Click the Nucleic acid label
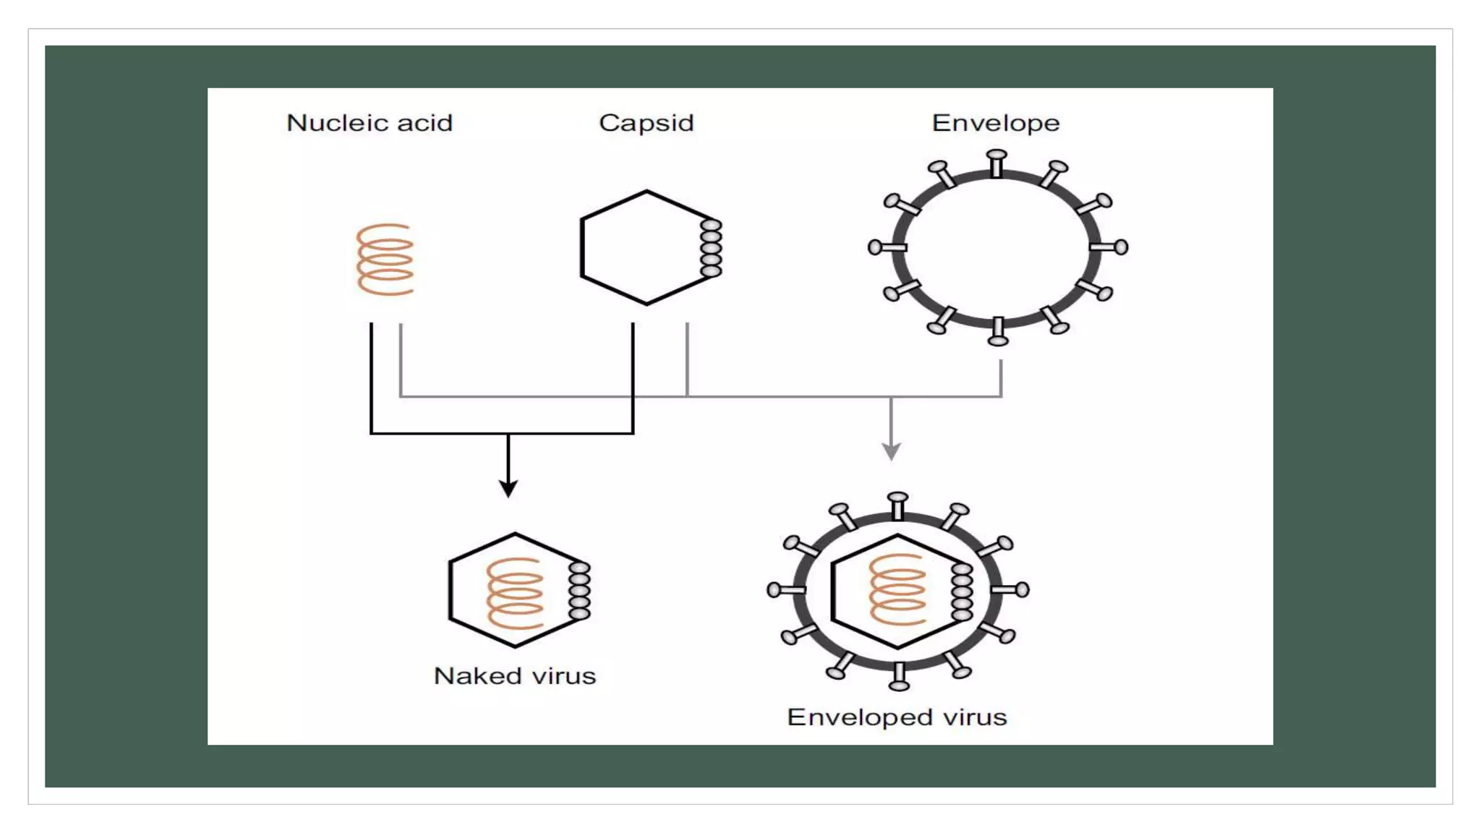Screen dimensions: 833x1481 pos(370,123)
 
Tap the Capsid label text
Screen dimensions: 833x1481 pos(646,123)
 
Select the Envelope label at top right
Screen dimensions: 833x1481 pos(995,123)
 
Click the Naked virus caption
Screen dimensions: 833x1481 pos(514,676)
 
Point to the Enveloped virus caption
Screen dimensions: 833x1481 pos(897,717)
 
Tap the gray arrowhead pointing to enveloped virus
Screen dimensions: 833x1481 pos(891,451)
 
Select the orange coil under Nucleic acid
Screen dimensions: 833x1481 pos(385,260)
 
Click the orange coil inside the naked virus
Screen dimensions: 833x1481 pos(515,593)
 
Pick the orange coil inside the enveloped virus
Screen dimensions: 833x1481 pos(897,589)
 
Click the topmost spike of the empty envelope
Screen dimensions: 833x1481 pos(996,162)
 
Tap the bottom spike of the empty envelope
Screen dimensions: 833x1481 pos(998,333)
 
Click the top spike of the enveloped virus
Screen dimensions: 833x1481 pos(897,505)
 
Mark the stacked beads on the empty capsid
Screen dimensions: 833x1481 pos(711,248)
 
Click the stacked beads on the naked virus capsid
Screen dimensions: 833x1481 pos(579,591)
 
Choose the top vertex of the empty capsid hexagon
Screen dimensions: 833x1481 pos(646,192)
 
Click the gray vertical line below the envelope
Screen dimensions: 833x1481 pos(1001,377)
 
